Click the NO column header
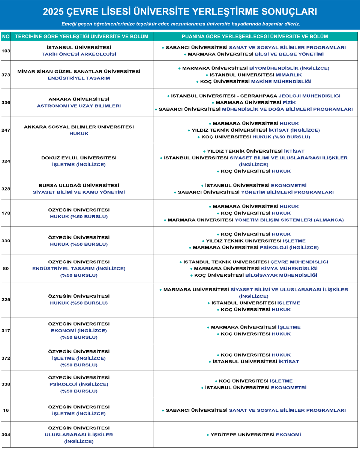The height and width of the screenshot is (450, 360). click(6, 37)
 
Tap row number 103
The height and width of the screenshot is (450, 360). click(6, 51)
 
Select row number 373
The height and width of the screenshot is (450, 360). click(6, 75)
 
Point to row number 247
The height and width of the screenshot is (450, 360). click(6, 130)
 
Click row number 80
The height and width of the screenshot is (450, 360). click(6, 268)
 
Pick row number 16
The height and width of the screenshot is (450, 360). click(6, 410)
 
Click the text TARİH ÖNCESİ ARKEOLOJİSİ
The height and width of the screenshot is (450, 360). click(79, 54)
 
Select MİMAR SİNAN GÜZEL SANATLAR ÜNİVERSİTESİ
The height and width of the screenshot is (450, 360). click(79, 72)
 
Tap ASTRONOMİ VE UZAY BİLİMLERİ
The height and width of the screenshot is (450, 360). click(79, 106)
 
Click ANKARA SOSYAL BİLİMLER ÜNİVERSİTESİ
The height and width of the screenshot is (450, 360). click(79, 127)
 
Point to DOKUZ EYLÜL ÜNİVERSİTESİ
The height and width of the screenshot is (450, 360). click(79, 158)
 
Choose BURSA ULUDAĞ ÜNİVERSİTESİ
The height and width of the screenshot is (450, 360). click(79, 186)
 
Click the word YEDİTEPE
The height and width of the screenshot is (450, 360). click(222, 435)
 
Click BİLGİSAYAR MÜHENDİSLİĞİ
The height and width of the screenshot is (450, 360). click(281, 275)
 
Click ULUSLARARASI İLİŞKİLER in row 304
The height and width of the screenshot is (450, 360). click(79, 435)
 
